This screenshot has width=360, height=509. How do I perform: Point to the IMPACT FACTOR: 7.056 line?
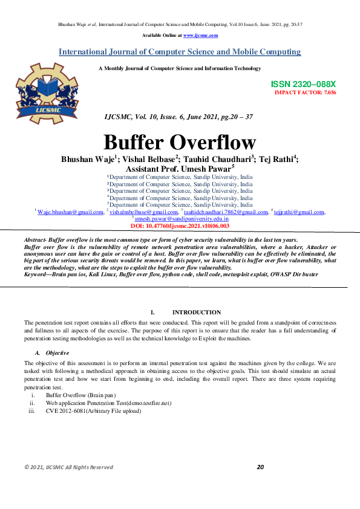306,92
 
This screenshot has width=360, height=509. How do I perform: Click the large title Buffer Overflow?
180,142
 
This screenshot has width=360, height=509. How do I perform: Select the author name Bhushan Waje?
88,159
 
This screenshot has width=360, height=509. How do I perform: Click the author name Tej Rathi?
278,159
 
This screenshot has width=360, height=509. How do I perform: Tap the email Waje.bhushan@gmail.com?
71,212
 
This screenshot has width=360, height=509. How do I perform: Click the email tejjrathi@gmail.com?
299,212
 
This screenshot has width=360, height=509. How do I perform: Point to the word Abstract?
35,241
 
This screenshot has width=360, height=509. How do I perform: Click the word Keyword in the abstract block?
36,274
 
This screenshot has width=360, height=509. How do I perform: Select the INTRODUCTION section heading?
197,313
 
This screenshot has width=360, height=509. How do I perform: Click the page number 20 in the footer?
261,484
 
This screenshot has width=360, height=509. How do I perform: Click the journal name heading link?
180,52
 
